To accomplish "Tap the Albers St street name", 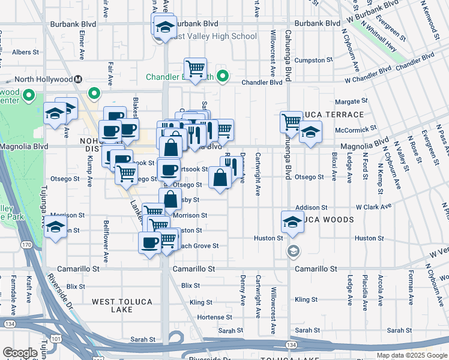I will (x=25, y=52).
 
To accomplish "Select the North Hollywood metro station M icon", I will (x=78, y=79).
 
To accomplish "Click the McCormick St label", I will (x=355, y=128).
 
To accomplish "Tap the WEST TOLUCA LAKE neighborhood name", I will (x=113, y=305).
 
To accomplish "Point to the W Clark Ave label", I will (x=373, y=206).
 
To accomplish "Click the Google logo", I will (x=20, y=353).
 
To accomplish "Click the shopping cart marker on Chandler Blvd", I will (x=196, y=69).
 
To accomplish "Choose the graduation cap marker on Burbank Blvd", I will (x=164, y=26).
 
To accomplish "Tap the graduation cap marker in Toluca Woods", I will (x=293, y=221).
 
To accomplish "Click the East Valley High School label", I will (x=214, y=36).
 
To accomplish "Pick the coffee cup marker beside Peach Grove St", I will (x=150, y=242).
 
